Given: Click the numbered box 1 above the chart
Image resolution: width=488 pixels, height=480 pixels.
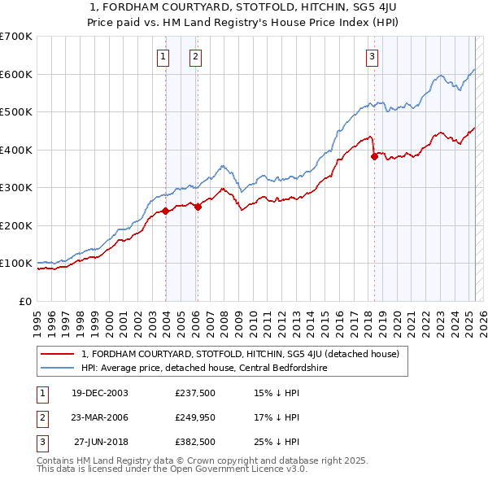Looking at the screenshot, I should [x=164, y=57].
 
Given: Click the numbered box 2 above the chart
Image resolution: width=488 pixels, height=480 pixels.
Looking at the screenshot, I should [x=197, y=57].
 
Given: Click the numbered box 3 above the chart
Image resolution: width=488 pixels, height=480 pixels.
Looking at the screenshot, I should [x=372, y=57].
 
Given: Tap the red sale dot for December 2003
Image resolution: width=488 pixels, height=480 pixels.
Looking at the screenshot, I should [x=165, y=211].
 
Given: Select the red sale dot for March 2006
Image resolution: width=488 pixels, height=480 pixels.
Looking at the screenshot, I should [x=198, y=206].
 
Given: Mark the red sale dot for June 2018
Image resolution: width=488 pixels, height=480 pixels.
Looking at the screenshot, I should [x=374, y=156].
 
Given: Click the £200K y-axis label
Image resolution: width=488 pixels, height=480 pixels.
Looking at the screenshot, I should [x=17, y=225].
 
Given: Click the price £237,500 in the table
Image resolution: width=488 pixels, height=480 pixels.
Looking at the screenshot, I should [x=194, y=393].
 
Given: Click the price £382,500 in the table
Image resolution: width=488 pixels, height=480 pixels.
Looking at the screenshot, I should [x=194, y=442].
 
